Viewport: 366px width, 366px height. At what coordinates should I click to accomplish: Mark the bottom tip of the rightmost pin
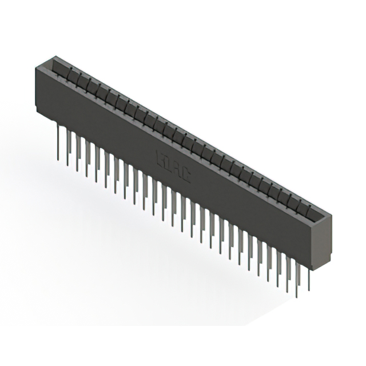click(x=309, y=290)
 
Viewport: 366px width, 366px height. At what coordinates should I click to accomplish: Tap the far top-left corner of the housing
click(x=52, y=56)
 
